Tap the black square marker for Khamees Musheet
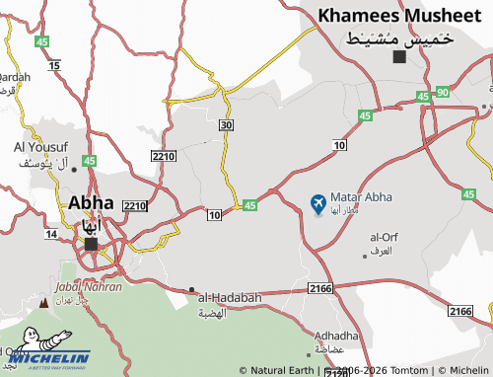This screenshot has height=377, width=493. pyautogui.click(x=399, y=57)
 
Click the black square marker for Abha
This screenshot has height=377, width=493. pyautogui.click(x=91, y=244)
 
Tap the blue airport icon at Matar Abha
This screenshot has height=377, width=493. pyautogui.click(x=317, y=203)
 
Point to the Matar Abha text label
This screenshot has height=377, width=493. pyautogui.click(x=361, y=197)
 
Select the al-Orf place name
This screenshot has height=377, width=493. pyautogui.click(x=384, y=237)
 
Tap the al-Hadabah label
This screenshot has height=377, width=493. pyautogui.click(x=230, y=297)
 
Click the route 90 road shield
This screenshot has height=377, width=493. pyautogui.click(x=443, y=92)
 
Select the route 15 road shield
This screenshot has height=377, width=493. pyautogui.click(x=54, y=65)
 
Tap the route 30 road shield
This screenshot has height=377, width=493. pyautogui.click(x=227, y=125)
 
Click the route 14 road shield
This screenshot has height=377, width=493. pyautogui.click(x=51, y=234)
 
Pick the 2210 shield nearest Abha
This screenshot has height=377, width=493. pyautogui.click(x=135, y=205)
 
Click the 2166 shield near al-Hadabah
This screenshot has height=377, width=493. pyautogui.click(x=319, y=287)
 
